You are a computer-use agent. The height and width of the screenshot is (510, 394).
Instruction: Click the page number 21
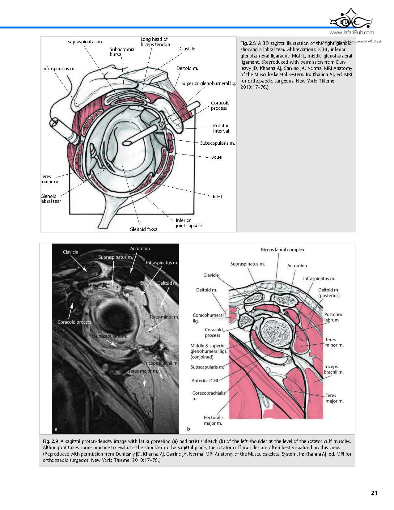374,493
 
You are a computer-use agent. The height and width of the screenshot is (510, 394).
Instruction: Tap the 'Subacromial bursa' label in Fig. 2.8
122,52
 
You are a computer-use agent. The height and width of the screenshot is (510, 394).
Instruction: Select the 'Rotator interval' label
221,128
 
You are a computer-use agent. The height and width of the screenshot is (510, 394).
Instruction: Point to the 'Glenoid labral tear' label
51,198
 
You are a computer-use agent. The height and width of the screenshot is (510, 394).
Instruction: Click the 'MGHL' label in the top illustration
217,158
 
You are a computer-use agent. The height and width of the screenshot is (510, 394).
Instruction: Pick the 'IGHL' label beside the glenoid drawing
218,196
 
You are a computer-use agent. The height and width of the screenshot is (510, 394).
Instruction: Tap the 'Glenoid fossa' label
143,229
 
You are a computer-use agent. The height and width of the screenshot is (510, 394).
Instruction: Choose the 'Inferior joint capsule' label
189,223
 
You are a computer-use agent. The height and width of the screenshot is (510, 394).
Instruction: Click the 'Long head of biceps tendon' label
155,42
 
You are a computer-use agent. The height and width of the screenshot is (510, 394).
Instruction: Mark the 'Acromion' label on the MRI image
140,249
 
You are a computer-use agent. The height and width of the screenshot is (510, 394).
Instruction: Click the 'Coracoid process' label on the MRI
74,322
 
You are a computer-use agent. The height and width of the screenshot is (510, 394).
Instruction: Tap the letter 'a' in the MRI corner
56,429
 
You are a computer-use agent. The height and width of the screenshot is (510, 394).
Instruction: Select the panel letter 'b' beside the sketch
189,429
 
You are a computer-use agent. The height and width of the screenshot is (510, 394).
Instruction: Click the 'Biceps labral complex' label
282,250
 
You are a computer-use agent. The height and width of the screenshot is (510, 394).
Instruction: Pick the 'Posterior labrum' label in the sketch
333,317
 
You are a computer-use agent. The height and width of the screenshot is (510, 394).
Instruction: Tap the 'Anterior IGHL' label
205,380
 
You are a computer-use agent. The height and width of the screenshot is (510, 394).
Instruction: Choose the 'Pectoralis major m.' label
213,420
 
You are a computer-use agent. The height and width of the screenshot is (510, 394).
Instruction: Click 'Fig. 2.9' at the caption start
51,441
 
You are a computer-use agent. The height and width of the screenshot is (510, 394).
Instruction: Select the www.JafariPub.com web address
351,32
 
